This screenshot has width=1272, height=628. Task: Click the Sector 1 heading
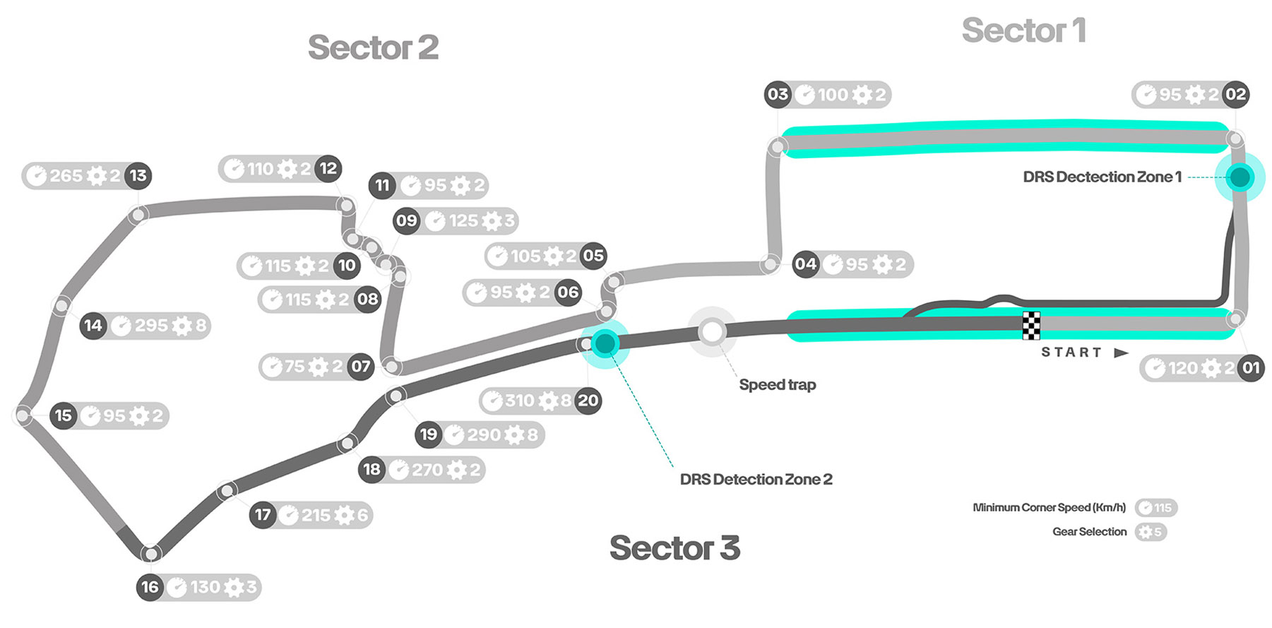1023,31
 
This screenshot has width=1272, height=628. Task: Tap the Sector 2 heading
373,48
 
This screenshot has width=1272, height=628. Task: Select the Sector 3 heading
674,548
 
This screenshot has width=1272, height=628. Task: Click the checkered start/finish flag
1031,325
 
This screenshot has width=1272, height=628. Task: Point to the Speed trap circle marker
712,331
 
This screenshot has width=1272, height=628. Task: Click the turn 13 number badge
138,176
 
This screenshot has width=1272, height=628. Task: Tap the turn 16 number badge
150,587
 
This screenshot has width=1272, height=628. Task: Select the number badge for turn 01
1251,367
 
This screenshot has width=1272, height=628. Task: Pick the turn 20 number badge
588,401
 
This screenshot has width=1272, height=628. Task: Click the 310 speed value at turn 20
520,401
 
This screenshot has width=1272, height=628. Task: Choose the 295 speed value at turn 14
151,326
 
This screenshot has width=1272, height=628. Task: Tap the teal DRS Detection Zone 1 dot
1240,177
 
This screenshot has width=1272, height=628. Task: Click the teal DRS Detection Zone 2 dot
605,343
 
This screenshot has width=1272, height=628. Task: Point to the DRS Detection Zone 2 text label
756,480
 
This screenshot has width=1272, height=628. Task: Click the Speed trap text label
777,385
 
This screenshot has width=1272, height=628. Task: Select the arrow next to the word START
1121,352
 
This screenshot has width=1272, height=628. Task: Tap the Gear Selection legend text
1089,532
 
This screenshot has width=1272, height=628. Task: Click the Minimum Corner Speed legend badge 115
1156,508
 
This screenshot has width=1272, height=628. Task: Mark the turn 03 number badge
778,95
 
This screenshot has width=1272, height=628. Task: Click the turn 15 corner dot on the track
23,415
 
